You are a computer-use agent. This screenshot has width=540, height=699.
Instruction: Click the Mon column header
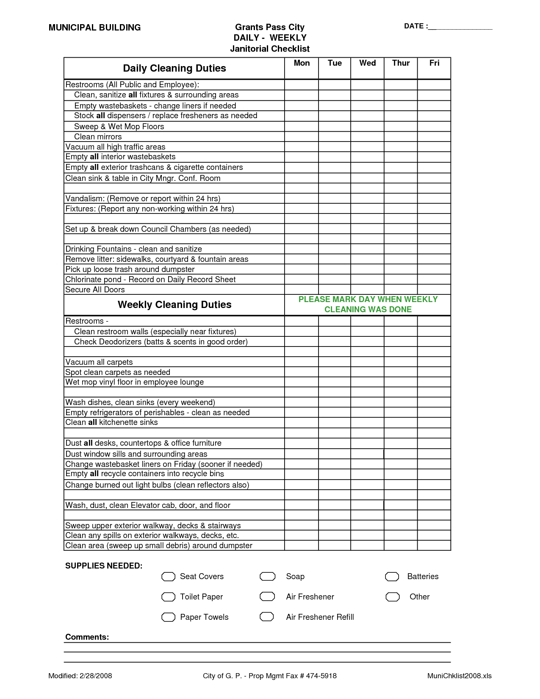(302, 63)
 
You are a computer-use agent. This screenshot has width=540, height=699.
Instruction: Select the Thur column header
(401, 63)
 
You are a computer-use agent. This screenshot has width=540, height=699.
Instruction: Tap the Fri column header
(434, 63)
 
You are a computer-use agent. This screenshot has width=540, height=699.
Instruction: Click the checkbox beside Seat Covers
(169, 577)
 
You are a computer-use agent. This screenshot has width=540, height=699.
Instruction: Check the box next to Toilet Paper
(169, 597)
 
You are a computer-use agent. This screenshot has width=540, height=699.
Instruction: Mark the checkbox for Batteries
(392, 577)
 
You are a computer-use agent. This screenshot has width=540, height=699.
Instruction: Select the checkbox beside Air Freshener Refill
(267, 617)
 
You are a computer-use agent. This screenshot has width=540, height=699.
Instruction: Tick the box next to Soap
(267, 577)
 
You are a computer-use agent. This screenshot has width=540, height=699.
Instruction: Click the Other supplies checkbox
(393, 597)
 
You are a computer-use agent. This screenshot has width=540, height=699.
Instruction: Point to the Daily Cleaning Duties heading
(174, 68)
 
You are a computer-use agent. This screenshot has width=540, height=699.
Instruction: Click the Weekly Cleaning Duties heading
(174, 305)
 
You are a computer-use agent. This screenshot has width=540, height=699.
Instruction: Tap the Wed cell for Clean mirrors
(367, 137)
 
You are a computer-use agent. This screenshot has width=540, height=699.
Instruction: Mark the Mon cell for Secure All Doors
(302, 290)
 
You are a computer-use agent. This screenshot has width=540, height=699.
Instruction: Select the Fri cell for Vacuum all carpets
(434, 362)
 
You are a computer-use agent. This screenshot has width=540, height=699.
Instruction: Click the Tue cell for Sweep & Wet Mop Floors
(335, 127)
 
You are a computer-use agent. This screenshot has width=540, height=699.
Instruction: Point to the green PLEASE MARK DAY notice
(368, 305)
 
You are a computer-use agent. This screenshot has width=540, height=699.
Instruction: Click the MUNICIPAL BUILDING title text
(94, 28)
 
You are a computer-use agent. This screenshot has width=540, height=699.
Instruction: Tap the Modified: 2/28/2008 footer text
(80, 676)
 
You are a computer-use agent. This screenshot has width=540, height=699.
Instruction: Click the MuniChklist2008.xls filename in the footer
(460, 676)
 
